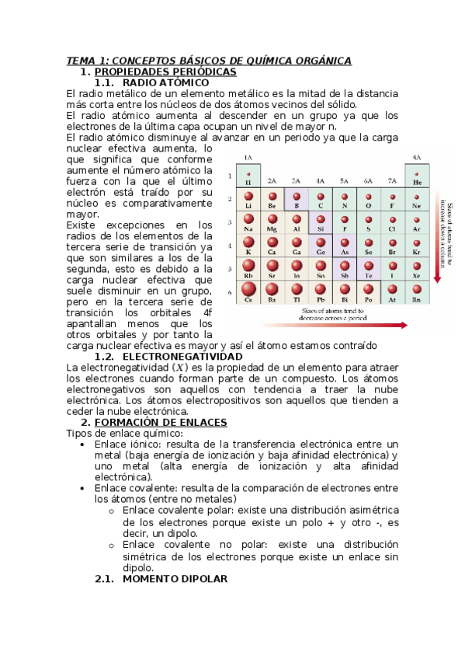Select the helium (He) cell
417,177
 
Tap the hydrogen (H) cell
248,177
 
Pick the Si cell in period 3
320,224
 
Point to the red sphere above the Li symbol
248,197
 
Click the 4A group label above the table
320,180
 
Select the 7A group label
392,180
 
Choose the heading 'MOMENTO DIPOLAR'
175,579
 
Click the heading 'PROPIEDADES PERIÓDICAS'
164,71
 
